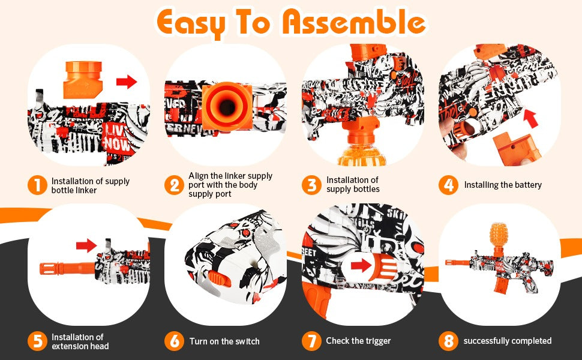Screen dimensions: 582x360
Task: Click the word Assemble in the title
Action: pyautogui.click(x=354, y=22)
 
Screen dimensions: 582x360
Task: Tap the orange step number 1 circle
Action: pyautogui.click(x=37, y=185)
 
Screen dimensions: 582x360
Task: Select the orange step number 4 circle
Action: pyautogui.click(x=448, y=185)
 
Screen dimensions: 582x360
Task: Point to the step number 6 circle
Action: pyautogui.click(x=174, y=341)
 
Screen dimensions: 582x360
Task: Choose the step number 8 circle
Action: pyautogui.click(x=448, y=341)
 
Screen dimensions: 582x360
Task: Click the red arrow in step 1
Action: pyautogui.click(x=127, y=81)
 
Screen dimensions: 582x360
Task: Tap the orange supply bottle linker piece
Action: pyautogui.click(x=83, y=80)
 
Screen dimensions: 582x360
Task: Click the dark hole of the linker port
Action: pyautogui.click(x=227, y=107)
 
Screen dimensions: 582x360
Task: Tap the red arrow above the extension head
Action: pyautogui.click(x=86, y=245)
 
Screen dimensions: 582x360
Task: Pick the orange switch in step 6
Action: pyautogui.click(x=219, y=278)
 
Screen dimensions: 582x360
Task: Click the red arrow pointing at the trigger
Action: pyautogui.click(x=361, y=265)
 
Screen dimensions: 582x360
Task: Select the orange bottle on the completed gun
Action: pyautogui.click(x=498, y=235)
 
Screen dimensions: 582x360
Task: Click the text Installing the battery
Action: pyautogui.click(x=503, y=185)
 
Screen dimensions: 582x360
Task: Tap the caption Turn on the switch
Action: pyautogui.click(x=224, y=341)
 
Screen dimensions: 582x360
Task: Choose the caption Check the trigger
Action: pyautogui.click(x=358, y=341)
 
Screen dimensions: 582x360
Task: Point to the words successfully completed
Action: pyautogui.click(x=508, y=341)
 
